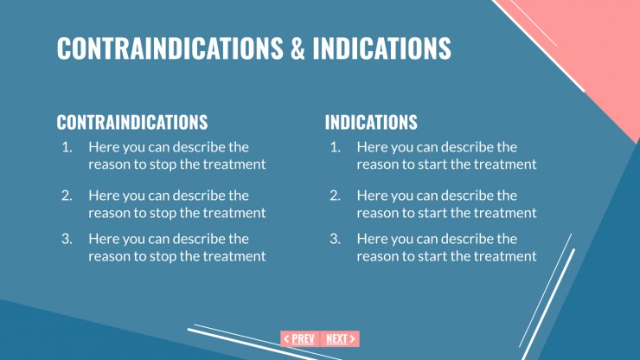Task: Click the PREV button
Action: coord(299,339)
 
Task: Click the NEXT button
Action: coord(340,339)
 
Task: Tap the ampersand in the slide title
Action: coord(298,48)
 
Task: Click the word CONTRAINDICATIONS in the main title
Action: coord(170,48)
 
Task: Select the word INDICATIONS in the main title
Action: coord(382,48)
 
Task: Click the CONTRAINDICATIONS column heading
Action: coord(131,122)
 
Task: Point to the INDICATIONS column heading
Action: coord(371,122)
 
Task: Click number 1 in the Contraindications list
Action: coord(67,147)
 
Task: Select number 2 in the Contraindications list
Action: coord(67,196)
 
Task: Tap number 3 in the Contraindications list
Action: coord(67,239)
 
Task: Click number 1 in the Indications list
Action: coord(335,147)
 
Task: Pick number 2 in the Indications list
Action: coord(335,196)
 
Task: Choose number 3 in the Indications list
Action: coord(335,239)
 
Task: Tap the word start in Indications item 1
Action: coord(435,164)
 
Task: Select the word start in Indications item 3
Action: coord(435,256)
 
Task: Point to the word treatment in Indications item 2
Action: coord(506,213)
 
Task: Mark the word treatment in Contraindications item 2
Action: coord(235,213)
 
